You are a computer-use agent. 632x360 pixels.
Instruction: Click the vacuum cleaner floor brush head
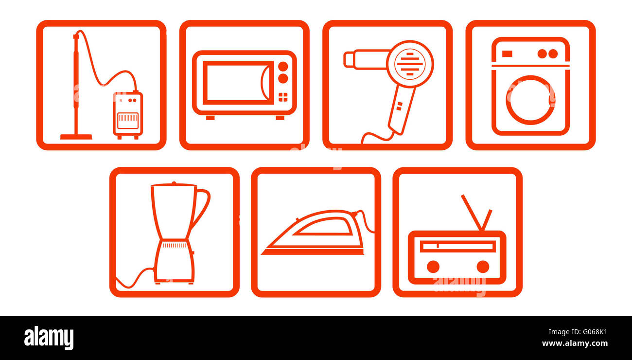pyautogui.click(x=76, y=137)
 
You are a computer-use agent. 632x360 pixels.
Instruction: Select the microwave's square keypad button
pyautogui.click(x=282, y=97)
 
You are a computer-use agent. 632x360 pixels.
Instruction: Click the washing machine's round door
pyautogui.click(x=530, y=100)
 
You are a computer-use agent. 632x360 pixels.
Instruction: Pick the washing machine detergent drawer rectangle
pyautogui.click(x=507, y=54)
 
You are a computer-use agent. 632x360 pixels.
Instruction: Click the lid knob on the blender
pyautogui.click(x=174, y=183)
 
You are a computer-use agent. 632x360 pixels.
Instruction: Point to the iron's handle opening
pyautogui.click(x=323, y=227)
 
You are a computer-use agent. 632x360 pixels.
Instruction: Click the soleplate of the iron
pyautogui.click(x=313, y=252)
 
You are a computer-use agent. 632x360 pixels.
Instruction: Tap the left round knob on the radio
pyautogui.click(x=433, y=267)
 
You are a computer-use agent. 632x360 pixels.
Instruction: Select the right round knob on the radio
pyautogui.click(x=482, y=267)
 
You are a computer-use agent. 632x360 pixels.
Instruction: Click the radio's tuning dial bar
pyautogui.click(x=457, y=247)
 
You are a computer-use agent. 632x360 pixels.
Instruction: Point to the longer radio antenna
pyautogui.click(x=471, y=212)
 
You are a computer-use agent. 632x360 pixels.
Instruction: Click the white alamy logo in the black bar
pyautogui.click(x=49, y=338)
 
